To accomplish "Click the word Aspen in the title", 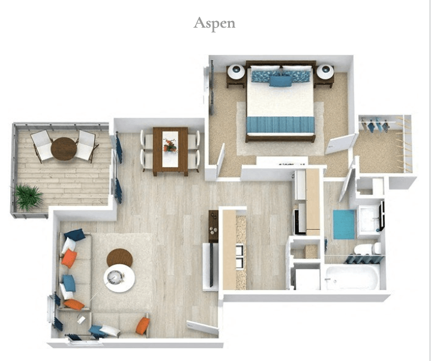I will pos(214,23).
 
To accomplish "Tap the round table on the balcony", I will pos(63,148).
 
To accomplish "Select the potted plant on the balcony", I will pos(28,196).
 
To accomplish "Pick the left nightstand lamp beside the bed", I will pos(235,72).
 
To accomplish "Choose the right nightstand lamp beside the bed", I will pos(325,72).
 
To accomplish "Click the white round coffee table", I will pos(119,278).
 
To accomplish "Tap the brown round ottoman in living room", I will pos(119,258).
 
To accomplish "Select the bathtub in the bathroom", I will pos(352,277).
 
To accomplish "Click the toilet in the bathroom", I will pos(366,248).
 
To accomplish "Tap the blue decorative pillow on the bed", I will pos(280,80).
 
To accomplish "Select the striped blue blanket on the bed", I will pos(280,125).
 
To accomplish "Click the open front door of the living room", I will pos(202,328).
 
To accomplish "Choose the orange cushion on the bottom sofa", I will pos(142,326).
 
